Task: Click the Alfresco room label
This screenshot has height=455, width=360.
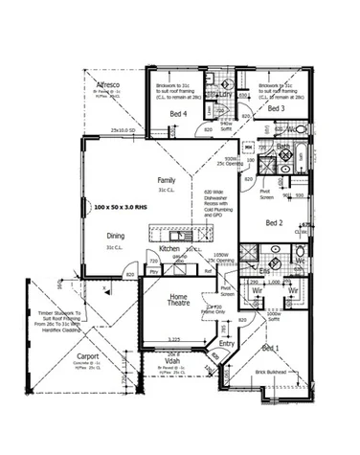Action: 106,86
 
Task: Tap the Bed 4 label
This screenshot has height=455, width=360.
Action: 179,114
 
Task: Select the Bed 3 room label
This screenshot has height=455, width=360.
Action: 277,110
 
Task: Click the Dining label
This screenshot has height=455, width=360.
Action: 116,236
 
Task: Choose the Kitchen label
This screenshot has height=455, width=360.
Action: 170,248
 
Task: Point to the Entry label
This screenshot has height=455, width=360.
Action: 227,343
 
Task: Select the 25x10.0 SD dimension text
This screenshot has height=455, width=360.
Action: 124,130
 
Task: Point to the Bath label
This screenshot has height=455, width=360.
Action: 283,147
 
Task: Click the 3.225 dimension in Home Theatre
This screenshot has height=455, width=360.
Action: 174,338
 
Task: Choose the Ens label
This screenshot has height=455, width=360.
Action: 265,271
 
